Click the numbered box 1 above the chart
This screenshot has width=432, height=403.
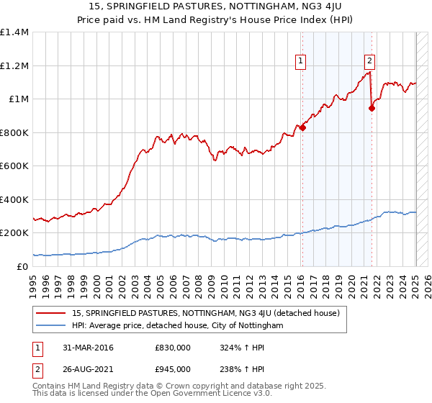(x=300, y=61)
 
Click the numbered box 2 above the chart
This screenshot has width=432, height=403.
(x=369, y=61)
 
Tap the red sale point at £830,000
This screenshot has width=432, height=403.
(x=303, y=128)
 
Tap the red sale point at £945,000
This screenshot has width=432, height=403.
(x=372, y=109)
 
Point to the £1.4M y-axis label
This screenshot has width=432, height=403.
(x=14, y=32)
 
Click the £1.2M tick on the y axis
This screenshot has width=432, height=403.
(x=14, y=65)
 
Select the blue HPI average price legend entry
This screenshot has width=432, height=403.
(x=178, y=326)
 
